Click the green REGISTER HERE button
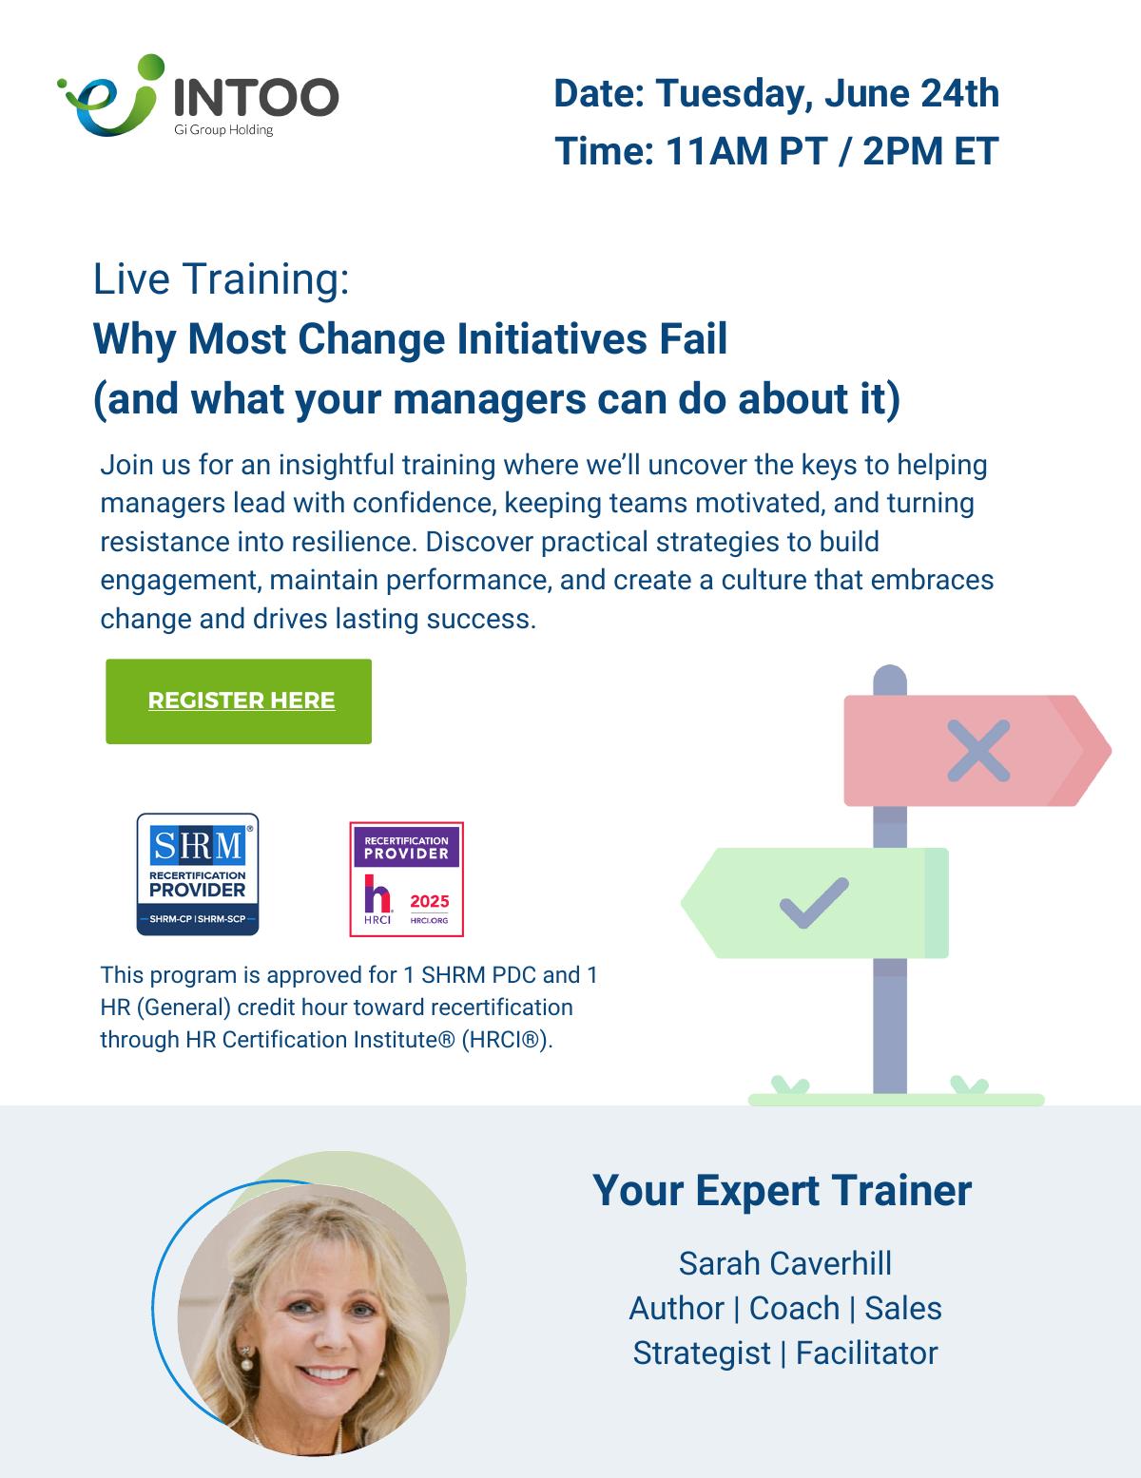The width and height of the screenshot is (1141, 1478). [238, 701]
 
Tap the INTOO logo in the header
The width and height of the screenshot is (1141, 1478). [198, 96]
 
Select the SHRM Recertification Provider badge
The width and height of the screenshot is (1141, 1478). [198, 874]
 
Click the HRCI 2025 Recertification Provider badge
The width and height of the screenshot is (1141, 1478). [406, 879]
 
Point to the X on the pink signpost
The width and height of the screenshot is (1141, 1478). [978, 750]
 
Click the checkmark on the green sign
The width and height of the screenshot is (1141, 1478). [814, 903]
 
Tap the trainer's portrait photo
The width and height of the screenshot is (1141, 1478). [314, 1320]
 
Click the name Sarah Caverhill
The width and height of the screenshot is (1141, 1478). [784, 1264]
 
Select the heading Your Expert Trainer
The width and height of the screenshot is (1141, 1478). [782, 1191]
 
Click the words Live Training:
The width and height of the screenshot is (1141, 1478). [222, 278]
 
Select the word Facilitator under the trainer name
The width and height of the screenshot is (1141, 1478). [866, 1353]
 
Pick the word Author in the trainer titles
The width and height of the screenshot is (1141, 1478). [676, 1309]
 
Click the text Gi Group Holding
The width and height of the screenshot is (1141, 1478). [223, 130]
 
